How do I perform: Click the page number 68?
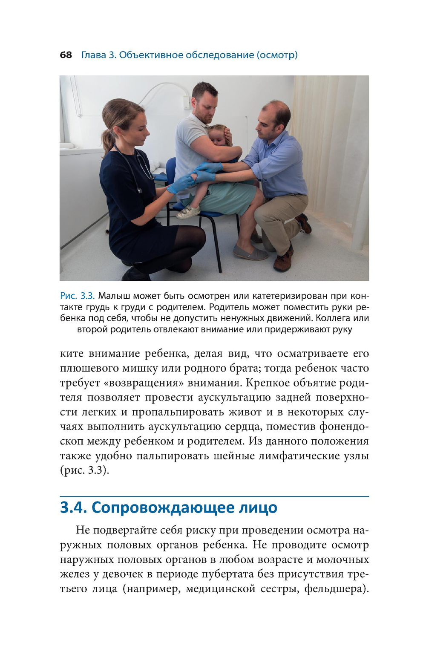click(66, 55)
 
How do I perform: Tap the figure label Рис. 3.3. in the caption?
click(77, 296)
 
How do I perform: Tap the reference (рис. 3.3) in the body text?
click(84, 470)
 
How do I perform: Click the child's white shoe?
click(188, 212)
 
